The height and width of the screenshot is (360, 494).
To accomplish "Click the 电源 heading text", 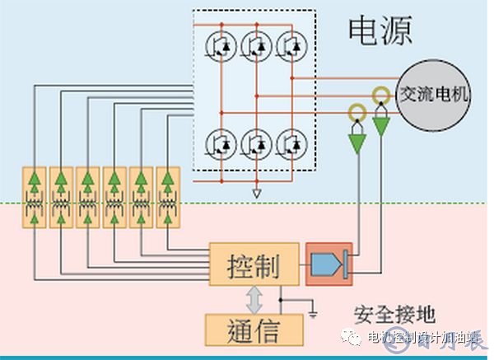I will [380, 30].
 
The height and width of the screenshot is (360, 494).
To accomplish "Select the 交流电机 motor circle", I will [433, 94].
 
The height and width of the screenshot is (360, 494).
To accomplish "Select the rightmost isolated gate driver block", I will [168, 198].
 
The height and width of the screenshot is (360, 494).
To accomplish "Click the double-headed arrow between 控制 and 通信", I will [252, 298].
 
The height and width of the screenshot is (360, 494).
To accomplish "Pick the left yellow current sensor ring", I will [357, 110].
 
